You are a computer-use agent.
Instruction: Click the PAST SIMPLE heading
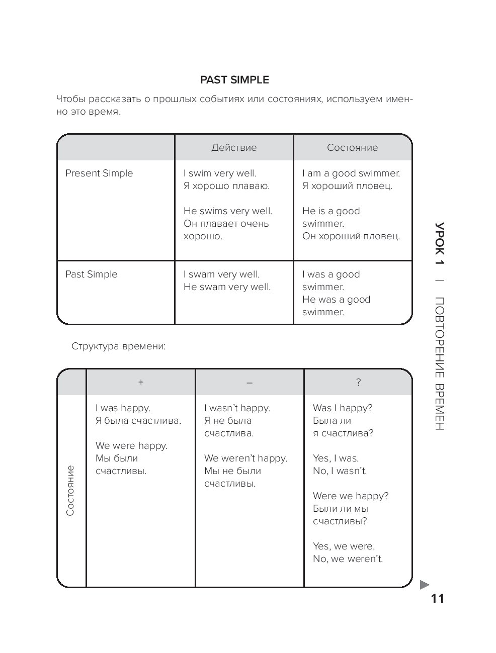234,80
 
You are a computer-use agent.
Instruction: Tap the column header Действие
234,148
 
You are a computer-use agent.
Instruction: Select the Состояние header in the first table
352,148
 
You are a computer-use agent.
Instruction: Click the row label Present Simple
99,173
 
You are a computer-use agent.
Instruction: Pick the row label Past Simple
91,274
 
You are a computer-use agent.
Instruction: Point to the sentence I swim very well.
220,173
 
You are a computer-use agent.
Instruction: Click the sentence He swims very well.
228,211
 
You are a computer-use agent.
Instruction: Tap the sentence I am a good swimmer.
351,173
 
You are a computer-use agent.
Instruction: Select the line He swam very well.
227,287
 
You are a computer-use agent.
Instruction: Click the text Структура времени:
119,346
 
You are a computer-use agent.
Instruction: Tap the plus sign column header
141,382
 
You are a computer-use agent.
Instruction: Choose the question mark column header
359,382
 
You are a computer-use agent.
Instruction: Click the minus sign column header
250,383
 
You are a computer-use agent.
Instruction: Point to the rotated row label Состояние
70,491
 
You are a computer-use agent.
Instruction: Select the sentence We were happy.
132,446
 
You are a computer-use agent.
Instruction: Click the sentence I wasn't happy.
237,408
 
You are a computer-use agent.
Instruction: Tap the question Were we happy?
351,496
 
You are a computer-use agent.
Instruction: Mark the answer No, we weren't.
348,558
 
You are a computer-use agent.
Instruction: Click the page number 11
438,599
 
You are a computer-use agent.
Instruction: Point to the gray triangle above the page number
424,585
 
